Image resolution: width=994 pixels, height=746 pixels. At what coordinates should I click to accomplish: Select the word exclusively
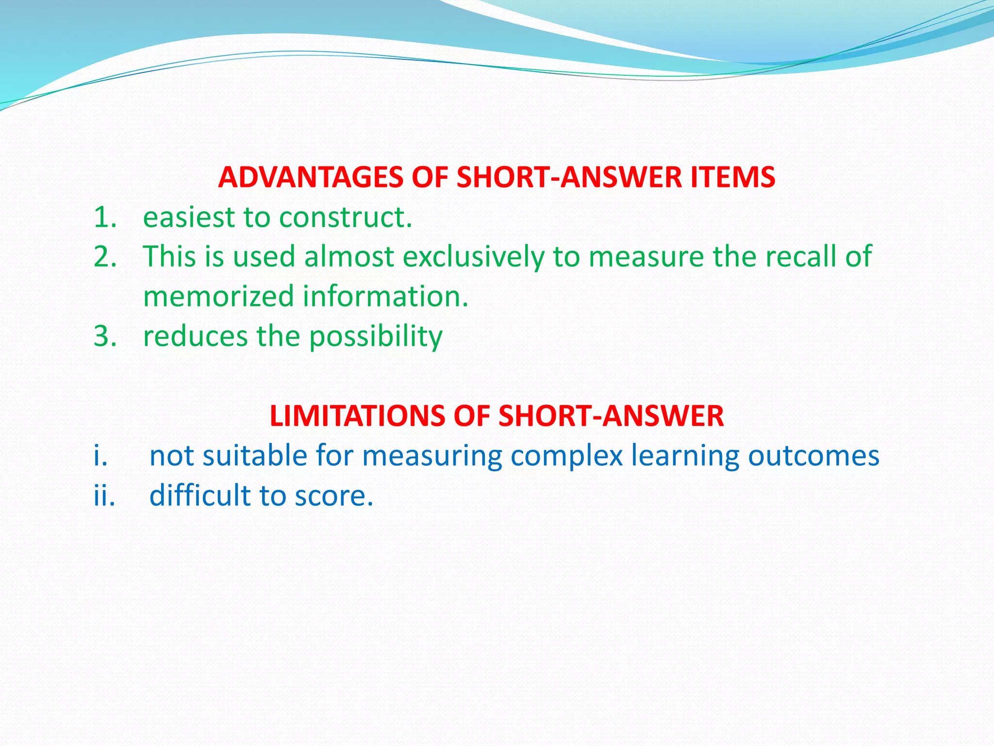[473, 257]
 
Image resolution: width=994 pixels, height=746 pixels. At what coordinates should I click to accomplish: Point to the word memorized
[219, 297]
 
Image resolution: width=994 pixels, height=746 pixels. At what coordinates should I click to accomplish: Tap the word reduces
[195, 337]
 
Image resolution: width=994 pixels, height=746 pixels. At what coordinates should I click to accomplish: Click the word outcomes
[813, 456]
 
